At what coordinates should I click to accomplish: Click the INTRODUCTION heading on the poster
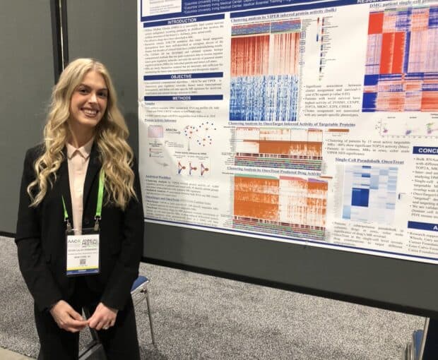pyautogui.click(x=182, y=21)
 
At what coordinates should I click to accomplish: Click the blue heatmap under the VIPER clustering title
pyautogui.click(x=264, y=97)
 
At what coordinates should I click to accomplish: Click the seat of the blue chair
pyautogui.click(x=140, y=284)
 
